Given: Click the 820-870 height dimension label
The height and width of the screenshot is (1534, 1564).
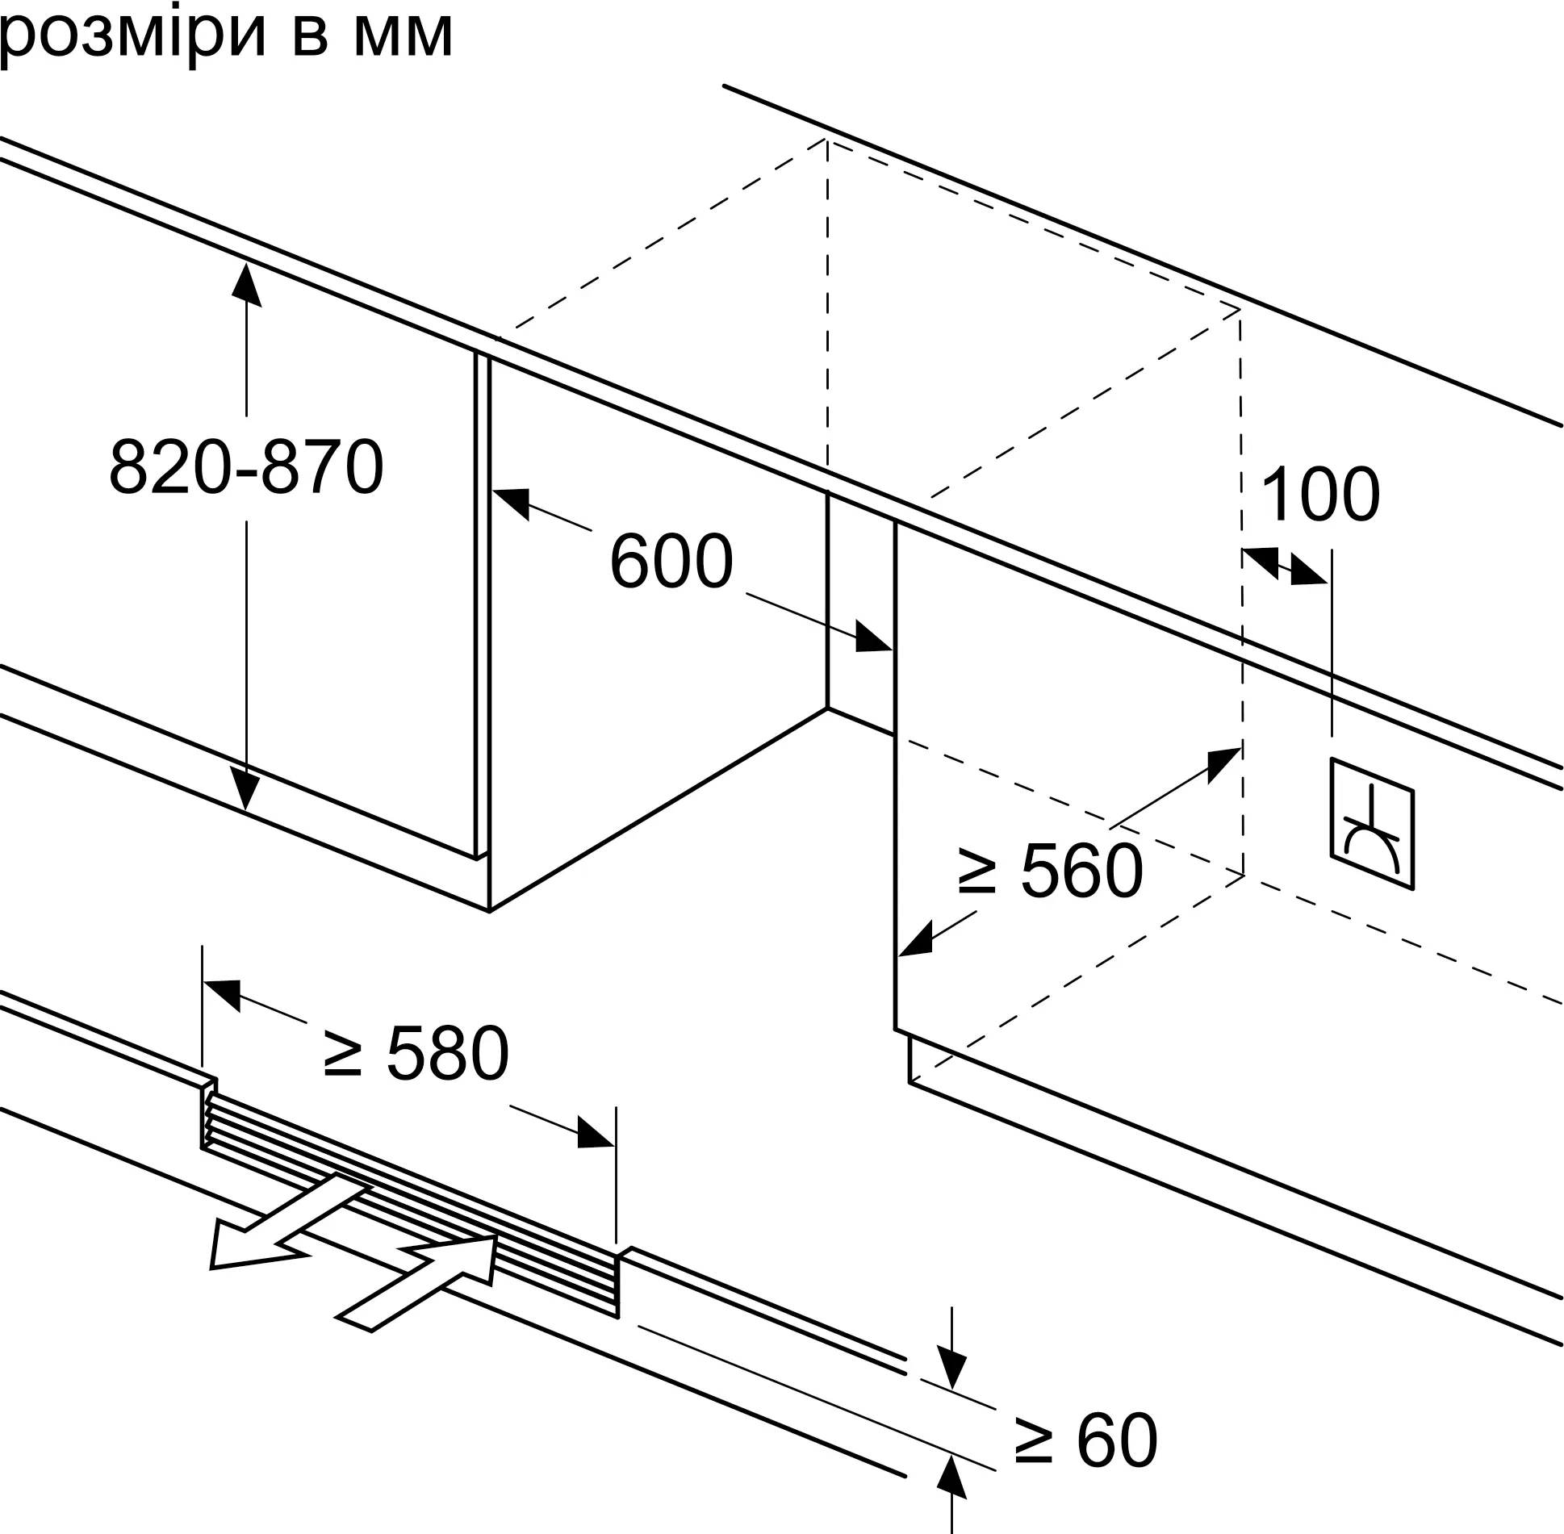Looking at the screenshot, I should pos(246,468).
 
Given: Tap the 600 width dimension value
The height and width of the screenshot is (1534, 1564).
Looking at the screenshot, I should pos(671,562).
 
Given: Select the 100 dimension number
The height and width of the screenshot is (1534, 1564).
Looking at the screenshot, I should pos(1319,495).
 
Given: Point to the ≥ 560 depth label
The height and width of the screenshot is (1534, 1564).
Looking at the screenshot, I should pos(1049,871).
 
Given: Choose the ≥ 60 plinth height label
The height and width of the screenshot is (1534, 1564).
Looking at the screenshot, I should pos(1085,1440).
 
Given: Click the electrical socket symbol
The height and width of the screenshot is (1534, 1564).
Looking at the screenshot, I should pos(1372,824).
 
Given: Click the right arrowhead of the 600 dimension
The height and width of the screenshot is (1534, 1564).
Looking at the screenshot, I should pos(873,637).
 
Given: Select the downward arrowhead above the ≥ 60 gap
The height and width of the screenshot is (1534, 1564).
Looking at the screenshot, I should pos(952,1366).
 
